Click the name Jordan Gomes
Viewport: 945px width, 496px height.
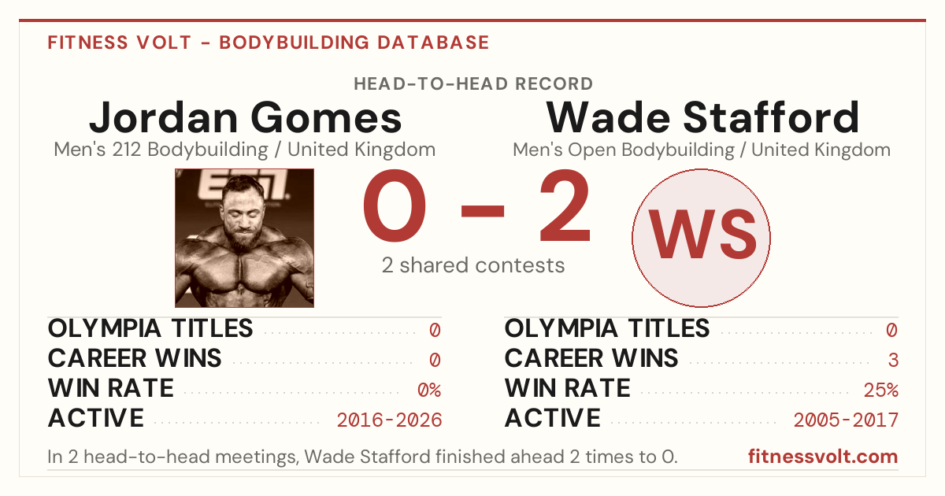click(246, 117)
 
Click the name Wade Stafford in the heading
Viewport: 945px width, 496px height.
click(702, 117)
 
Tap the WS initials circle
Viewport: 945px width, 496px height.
click(701, 238)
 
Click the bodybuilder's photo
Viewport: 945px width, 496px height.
click(245, 238)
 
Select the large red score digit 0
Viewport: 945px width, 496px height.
click(395, 205)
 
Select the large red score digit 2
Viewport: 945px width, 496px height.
click(565, 205)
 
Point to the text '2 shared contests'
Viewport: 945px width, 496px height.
click(473, 265)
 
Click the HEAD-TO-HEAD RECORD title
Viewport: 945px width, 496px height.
click(473, 84)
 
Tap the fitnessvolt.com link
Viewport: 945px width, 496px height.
click(823, 457)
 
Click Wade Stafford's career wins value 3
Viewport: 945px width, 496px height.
click(893, 360)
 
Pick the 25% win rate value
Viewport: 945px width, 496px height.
click(881, 390)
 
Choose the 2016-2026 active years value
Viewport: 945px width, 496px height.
click(389, 420)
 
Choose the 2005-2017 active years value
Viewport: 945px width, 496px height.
click(846, 420)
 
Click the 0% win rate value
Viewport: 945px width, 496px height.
click(429, 390)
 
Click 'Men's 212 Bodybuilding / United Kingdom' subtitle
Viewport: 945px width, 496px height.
click(245, 150)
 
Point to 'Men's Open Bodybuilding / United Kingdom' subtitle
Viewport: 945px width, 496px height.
click(702, 150)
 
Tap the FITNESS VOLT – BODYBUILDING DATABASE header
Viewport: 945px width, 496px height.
click(269, 43)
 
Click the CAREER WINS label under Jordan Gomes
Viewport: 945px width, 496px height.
click(135, 358)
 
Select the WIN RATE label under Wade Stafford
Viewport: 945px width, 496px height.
click(568, 388)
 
